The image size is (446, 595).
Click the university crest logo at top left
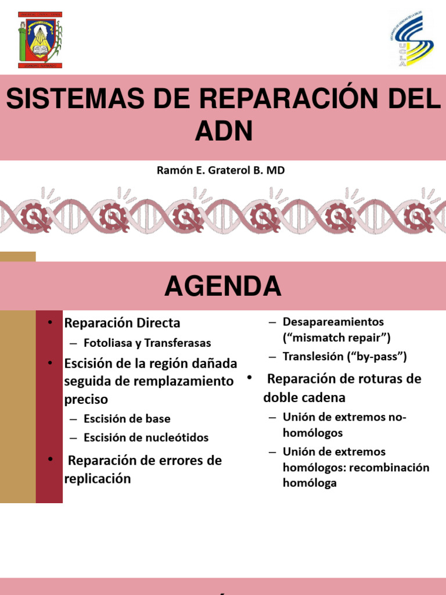39,40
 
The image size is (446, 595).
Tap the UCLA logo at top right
411,40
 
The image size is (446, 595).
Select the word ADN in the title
223,132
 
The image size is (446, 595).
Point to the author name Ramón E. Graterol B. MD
221,171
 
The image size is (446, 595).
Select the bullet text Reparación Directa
122,322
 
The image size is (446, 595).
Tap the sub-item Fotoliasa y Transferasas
148,343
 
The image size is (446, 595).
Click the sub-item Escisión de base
127,418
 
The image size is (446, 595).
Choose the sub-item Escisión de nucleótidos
146,438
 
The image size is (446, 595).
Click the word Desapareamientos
333,321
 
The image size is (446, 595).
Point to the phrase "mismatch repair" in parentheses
337,338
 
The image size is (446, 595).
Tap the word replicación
98,479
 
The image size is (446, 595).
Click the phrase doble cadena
304,397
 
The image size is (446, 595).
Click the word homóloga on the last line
310,483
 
